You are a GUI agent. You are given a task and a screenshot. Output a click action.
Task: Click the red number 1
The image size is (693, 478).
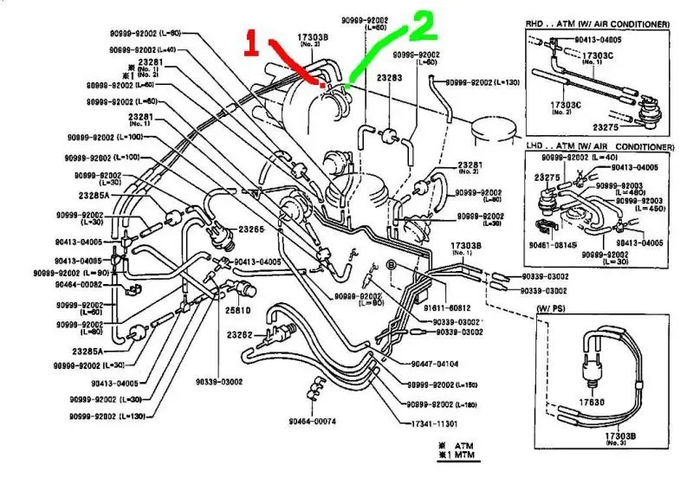(x=251, y=44)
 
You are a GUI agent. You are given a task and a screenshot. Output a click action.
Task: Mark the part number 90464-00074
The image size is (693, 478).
(x=313, y=422)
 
